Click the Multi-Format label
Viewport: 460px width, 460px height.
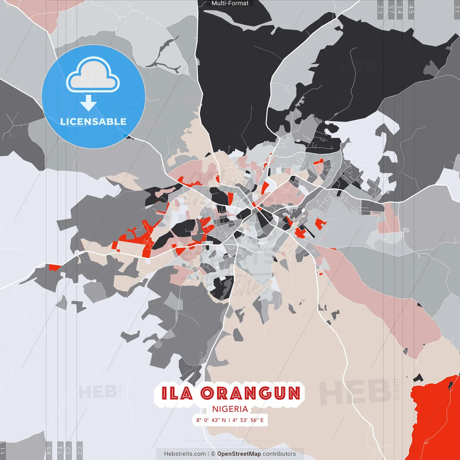(230, 3)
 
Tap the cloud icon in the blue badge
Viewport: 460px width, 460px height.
(93, 75)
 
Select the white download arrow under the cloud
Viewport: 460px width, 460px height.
(88, 103)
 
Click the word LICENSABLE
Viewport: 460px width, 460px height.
(93, 121)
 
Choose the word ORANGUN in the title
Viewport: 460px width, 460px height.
(250, 393)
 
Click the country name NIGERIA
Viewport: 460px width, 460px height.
(230, 409)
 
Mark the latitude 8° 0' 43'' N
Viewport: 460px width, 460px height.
(211, 420)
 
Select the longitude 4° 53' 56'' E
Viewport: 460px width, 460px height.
(248, 420)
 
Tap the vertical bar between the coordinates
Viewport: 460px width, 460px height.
(229, 420)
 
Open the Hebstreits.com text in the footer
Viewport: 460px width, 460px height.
(185, 454)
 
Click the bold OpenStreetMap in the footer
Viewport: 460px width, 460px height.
(239, 454)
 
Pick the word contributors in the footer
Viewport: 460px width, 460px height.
(279, 454)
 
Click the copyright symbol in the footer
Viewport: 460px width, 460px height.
(213, 454)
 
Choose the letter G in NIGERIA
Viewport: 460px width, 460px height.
(226, 409)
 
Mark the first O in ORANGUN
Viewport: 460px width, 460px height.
(207, 393)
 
